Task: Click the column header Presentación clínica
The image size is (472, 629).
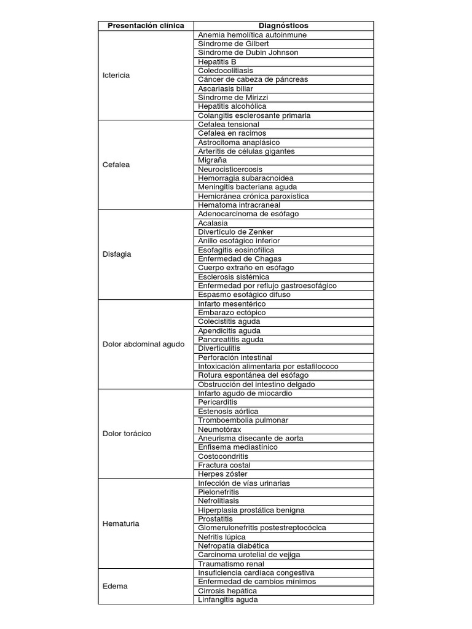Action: tap(146, 26)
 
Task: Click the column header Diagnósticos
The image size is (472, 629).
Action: tap(283, 26)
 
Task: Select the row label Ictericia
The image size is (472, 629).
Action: tap(117, 75)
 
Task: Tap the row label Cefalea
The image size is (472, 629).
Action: tap(116, 165)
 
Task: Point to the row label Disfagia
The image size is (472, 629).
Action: tap(117, 254)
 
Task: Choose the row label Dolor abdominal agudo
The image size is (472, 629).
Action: tap(143, 344)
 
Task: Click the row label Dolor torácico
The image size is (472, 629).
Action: tap(127, 434)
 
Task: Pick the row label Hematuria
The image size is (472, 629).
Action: tap(121, 523)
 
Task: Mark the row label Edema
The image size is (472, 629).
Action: tap(115, 586)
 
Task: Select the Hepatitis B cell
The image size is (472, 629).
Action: tap(217, 61)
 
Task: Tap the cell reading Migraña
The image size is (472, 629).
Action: tap(213, 160)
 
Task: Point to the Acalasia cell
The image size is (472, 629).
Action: tap(213, 223)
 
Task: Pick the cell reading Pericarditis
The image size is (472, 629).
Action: tap(218, 402)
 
